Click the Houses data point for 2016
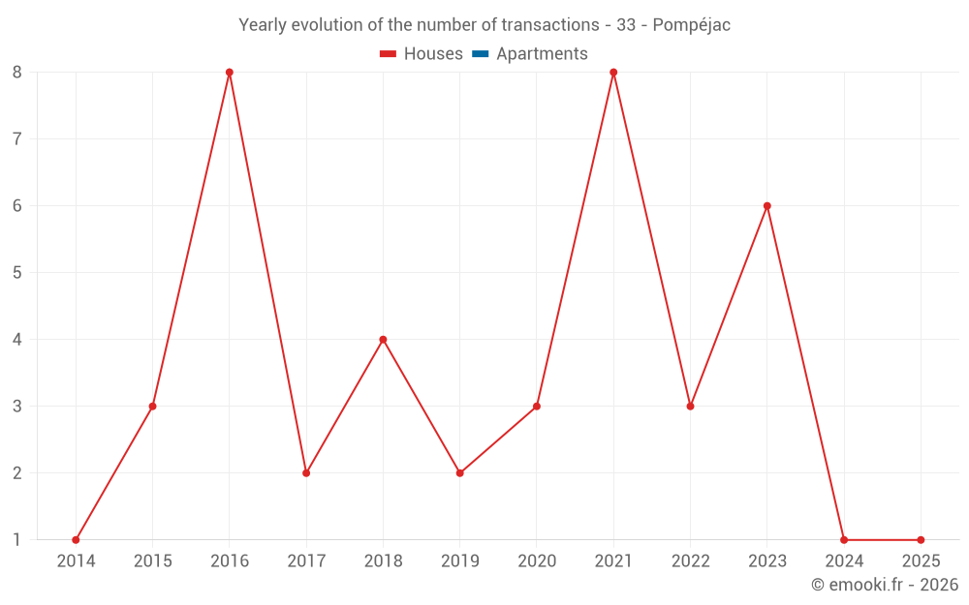coord(230,73)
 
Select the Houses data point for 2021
coord(613,73)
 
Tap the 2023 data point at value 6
coord(767,206)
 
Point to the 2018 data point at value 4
coord(383,340)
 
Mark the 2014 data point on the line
coord(76,540)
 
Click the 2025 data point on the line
coord(921,540)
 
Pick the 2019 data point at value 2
coord(460,473)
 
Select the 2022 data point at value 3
coord(690,407)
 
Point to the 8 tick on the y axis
coord(17,73)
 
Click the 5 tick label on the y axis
coord(17,273)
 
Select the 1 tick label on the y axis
coord(17,540)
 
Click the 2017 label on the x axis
coord(306,561)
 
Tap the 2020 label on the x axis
coord(537,561)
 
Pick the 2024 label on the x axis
coord(844,561)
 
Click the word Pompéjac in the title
coord(691,25)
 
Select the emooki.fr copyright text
coord(885,585)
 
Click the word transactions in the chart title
coord(550,25)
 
